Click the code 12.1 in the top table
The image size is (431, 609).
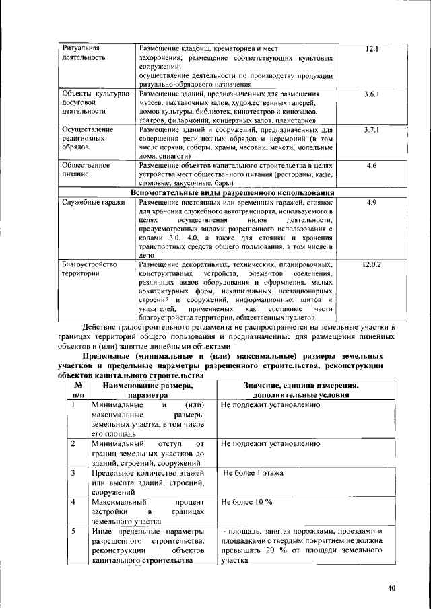pyautogui.click(x=372, y=50)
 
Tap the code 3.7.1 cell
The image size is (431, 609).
pyautogui.click(x=372, y=129)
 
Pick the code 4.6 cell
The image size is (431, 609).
pyautogui.click(x=372, y=164)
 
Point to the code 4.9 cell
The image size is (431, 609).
pyautogui.click(x=372, y=203)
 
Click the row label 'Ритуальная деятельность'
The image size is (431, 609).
pyautogui.click(x=81, y=54)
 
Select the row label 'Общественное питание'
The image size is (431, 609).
pyautogui.click(x=84, y=169)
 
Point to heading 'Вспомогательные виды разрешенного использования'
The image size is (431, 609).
pyautogui.click(x=233, y=192)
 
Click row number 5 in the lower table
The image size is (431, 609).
pyautogui.click(x=73, y=532)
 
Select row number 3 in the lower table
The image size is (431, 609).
pyautogui.click(x=73, y=473)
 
